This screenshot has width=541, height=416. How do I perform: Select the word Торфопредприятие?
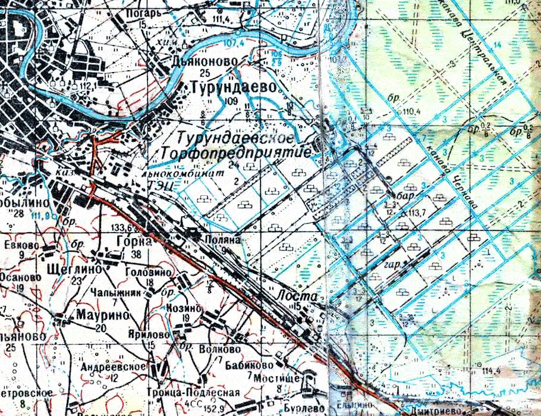(236, 154)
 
